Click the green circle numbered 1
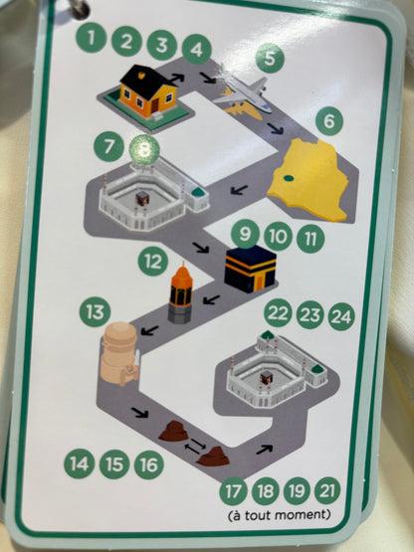coord(91,38)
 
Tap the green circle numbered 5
coord(270,58)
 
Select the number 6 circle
coord(329,121)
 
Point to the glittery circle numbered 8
coord(144,150)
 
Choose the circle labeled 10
coord(278,237)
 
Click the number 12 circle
coord(153,262)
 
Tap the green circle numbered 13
coord(95,312)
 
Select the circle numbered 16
coord(149,464)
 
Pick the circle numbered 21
coord(327,490)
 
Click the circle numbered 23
coord(310,315)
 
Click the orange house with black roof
coord(148,92)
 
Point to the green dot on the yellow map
coord(289,178)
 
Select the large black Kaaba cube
coord(251,269)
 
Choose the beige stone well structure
coord(119,354)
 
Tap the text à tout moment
coord(280,515)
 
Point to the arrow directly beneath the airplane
coord(275,128)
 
